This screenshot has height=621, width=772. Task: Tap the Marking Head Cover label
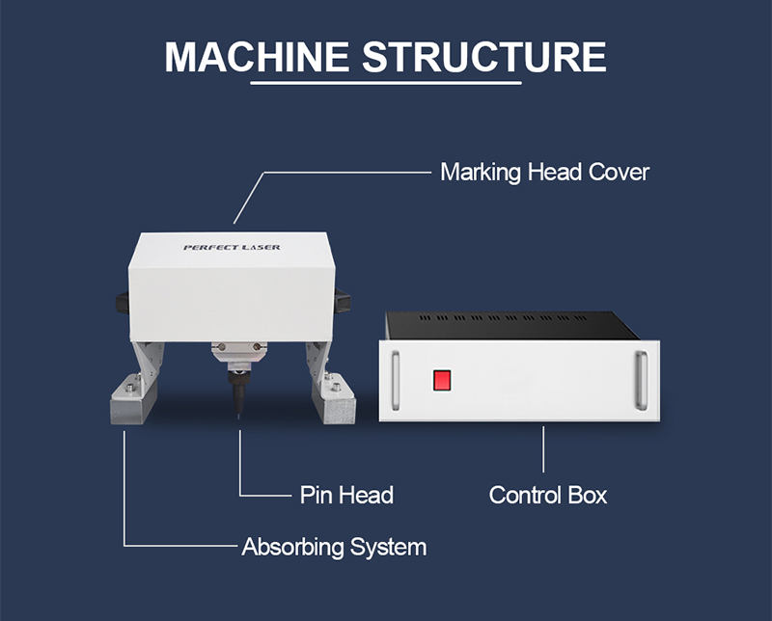click(544, 173)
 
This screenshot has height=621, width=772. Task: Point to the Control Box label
click(548, 496)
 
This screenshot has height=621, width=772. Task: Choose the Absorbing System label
click(334, 548)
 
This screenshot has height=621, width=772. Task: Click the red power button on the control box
click(443, 381)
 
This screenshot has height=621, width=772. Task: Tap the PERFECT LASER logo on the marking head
click(232, 248)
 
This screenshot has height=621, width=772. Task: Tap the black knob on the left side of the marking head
click(121, 303)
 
